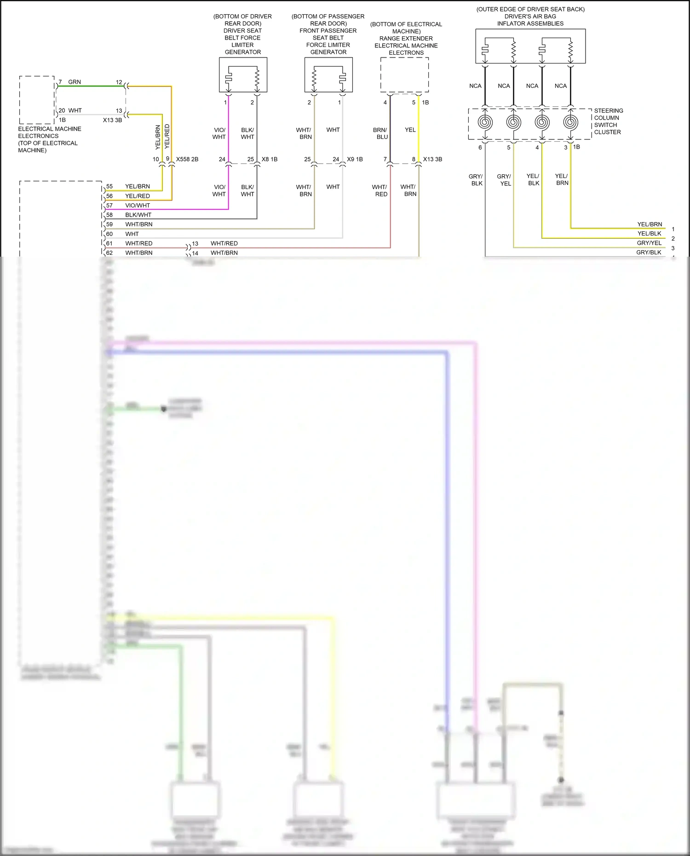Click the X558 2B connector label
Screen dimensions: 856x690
tap(187, 159)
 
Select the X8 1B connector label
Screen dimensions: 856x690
tap(270, 159)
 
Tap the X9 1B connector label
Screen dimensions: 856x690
tap(355, 159)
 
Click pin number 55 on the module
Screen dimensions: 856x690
tap(109, 186)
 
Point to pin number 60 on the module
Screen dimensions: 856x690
tap(109, 234)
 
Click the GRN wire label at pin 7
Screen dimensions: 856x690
tap(75, 82)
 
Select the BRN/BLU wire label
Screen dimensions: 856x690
tap(380, 133)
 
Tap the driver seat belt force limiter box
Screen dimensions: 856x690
tap(243, 75)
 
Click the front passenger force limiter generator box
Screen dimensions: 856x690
tap(328, 75)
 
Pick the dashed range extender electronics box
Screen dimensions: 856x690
tap(404, 75)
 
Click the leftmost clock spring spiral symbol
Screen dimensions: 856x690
tap(485, 122)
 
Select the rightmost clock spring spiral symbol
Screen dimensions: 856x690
tap(570, 122)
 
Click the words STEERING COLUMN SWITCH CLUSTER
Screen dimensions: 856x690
tap(608, 121)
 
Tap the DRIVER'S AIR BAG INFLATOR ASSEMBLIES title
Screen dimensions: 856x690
tap(530, 16)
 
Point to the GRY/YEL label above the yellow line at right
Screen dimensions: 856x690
tap(649, 243)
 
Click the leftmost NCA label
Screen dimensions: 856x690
tap(475, 86)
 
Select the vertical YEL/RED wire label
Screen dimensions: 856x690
tap(167, 136)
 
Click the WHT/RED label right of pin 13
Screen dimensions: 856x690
tap(224, 243)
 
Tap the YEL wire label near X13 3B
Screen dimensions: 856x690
tap(410, 130)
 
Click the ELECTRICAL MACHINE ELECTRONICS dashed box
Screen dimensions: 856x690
tap(37, 100)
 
